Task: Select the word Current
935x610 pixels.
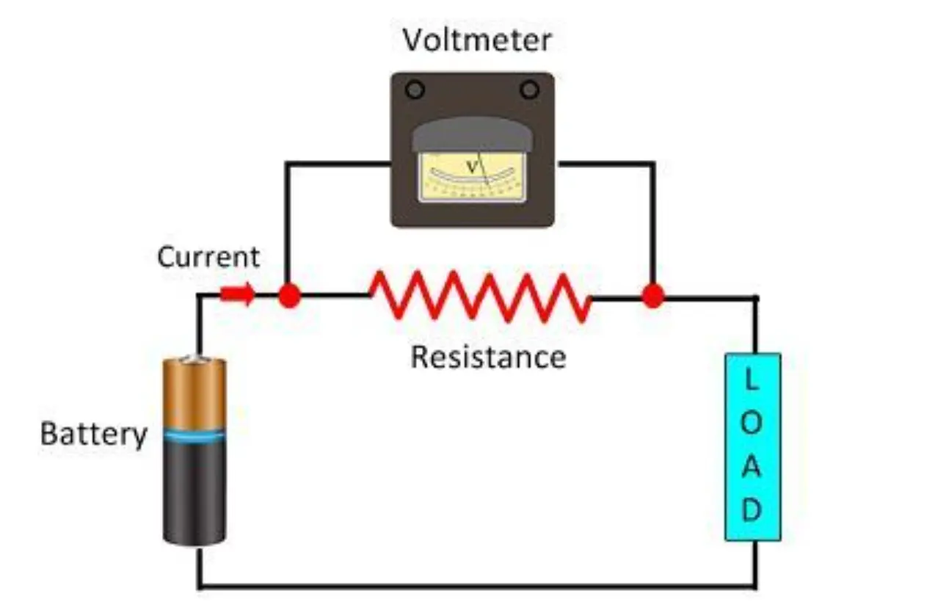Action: pyautogui.click(x=208, y=257)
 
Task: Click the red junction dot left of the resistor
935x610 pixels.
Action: pyautogui.click(x=289, y=296)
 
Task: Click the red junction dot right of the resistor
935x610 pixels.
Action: pyautogui.click(x=652, y=296)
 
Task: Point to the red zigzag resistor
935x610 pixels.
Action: pyautogui.click(x=481, y=296)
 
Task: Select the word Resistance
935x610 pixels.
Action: pyautogui.click(x=488, y=357)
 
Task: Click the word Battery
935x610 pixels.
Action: pyautogui.click(x=93, y=434)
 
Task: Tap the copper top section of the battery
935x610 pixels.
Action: pyautogui.click(x=194, y=393)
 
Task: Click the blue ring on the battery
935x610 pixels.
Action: pyautogui.click(x=194, y=436)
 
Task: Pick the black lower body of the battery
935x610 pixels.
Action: pyautogui.click(x=194, y=492)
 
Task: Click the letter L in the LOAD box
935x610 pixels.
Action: pyautogui.click(x=752, y=380)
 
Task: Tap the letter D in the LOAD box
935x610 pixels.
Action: pyautogui.click(x=752, y=510)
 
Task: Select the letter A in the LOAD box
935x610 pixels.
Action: pyautogui.click(x=752, y=468)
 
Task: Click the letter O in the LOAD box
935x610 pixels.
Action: pyautogui.click(x=752, y=424)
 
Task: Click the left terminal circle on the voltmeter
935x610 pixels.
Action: pyautogui.click(x=415, y=90)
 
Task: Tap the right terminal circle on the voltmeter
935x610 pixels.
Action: pyautogui.click(x=529, y=90)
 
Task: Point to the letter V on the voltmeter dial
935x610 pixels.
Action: pyautogui.click(x=473, y=167)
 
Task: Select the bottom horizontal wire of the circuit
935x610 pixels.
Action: pyautogui.click(x=477, y=587)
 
